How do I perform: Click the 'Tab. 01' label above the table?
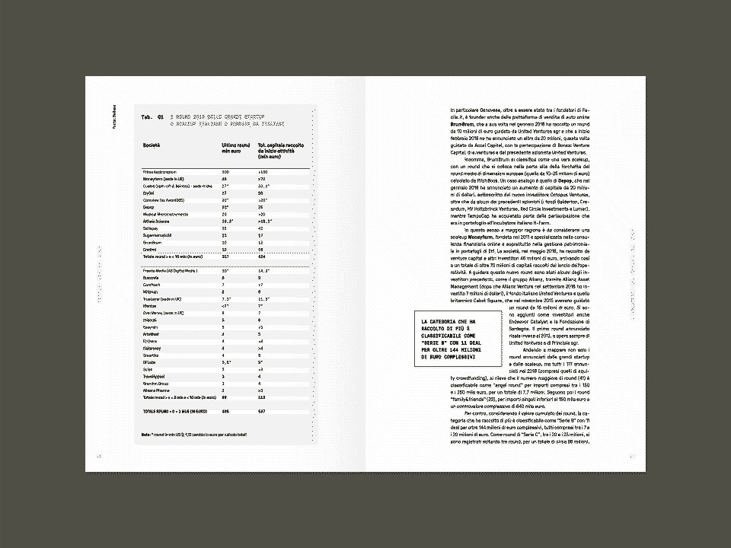tap(148, 117)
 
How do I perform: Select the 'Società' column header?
tap(151, 145)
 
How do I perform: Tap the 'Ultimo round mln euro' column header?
tap(235, 148)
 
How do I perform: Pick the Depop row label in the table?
tap(148, 207)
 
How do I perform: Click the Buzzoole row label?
tap(152, 278)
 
